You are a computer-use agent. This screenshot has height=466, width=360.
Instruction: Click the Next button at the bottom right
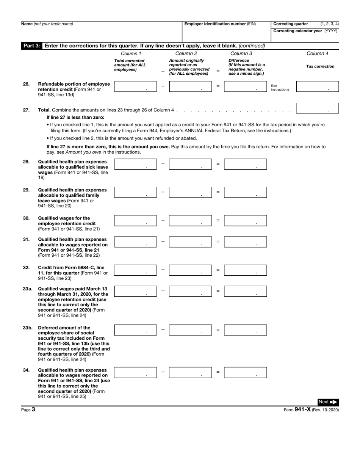pos(327,402)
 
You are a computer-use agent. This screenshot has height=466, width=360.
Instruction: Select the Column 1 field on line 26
pos(135,86)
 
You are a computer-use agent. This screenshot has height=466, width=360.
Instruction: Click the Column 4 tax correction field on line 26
pos(317,86)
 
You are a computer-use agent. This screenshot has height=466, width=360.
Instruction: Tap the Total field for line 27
pos(317,108)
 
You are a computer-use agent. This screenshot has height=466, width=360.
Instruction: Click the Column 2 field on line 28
pos(190,164)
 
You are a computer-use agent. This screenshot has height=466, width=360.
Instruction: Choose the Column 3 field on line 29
pos(245,192)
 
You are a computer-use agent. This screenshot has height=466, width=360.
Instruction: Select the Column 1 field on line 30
pos(135,221)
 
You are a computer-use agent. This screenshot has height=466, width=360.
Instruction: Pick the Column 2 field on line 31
pos(190,242)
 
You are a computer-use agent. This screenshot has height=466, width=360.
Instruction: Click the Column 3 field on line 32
pos(245,270)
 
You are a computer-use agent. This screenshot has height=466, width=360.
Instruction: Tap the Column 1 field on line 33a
pos(135,291)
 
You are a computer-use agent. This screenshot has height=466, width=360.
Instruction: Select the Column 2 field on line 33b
pos(190,330)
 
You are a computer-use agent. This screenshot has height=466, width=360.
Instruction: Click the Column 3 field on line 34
pos(245,372)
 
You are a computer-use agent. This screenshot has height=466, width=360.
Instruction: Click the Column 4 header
pos(317,53)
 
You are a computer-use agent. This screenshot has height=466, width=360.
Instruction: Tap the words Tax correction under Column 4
pos(320,66)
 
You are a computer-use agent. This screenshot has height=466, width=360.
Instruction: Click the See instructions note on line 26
pos(280,88)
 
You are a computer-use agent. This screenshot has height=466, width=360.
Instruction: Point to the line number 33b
pos(27,328)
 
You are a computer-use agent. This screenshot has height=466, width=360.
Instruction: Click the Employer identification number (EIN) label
pos(220,24)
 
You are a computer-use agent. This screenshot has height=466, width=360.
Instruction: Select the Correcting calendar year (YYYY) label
pos(305,31)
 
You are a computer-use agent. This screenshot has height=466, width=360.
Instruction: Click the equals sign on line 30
pos(218,220)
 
